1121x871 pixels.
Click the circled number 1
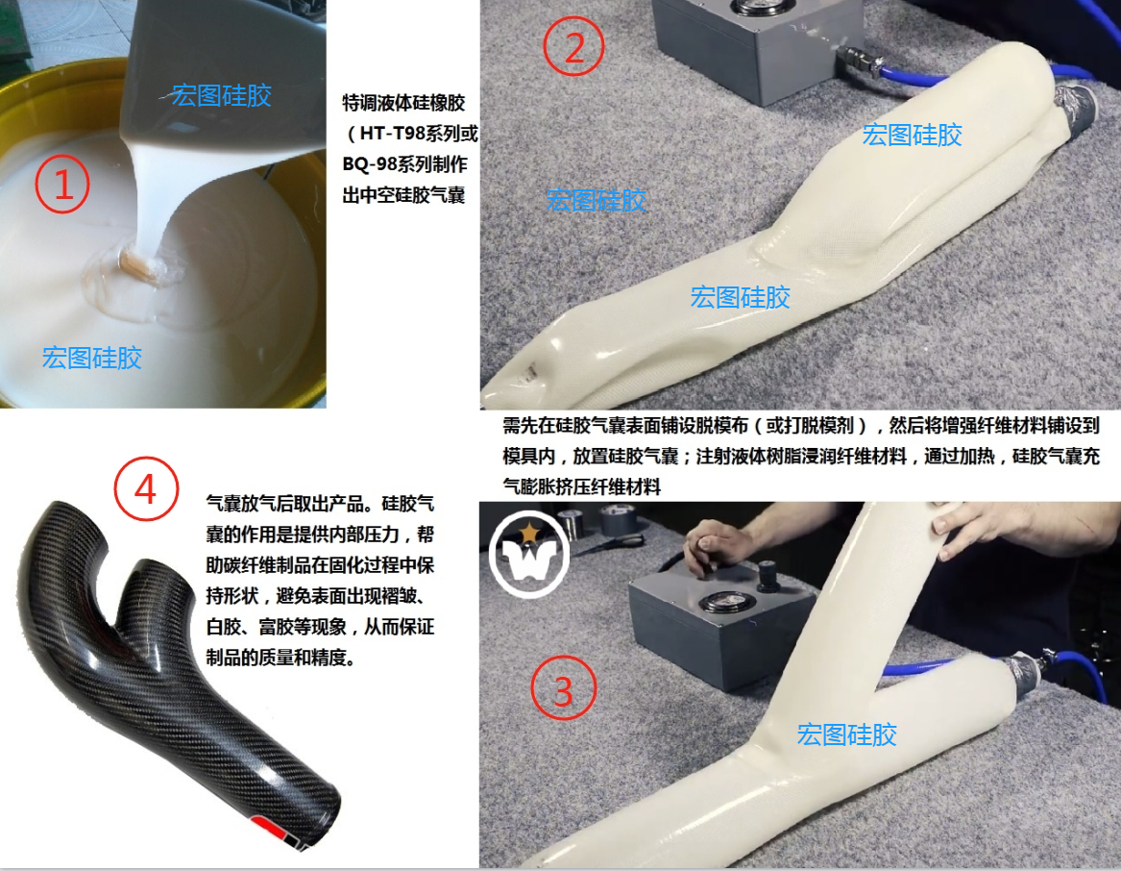[62, 184]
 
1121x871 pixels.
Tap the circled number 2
[573, 46]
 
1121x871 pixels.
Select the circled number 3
[563, 688]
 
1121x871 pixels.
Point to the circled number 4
[146, 489]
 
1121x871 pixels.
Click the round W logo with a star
[529, 553]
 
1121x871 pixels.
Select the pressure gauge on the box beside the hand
[722, 603]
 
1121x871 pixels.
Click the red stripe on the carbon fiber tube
[276, 831]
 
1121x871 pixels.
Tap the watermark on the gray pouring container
[222, 96]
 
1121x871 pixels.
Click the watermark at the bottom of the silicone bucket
[92, 358]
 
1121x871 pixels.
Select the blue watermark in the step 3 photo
[847, 734]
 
